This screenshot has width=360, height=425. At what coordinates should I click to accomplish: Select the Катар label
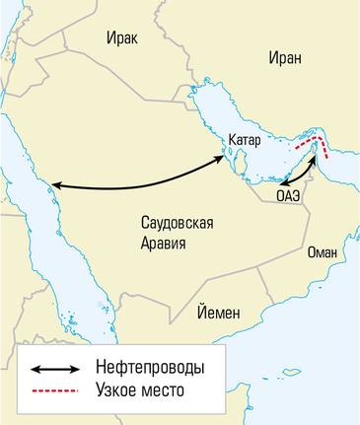pyautogui.click(x=244, y=140)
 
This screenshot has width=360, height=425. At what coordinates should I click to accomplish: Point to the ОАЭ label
pyautogui.click(x=288, y=197)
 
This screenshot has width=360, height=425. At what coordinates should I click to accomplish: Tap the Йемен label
pyautogui.click(x=217, y=313)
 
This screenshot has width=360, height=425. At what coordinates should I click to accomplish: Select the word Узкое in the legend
pyautogui.click(x=117, y=390)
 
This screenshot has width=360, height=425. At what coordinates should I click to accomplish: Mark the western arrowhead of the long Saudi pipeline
pyautogui.click(x=55, y=185)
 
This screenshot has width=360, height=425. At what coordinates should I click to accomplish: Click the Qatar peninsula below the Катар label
pyautogui.click(x=236, y=164)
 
